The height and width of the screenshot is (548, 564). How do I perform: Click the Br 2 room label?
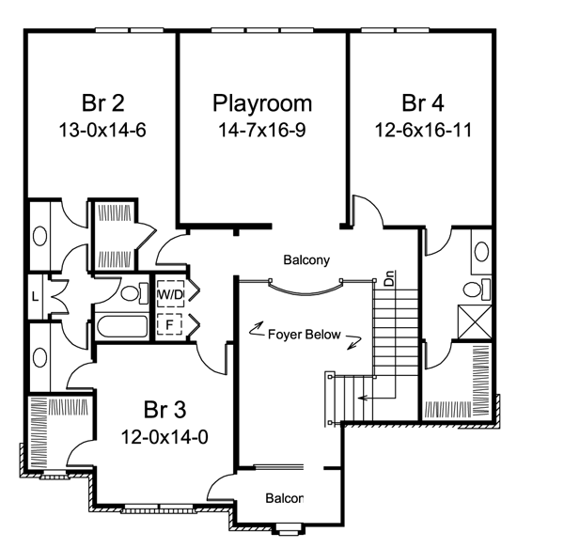point(103,102)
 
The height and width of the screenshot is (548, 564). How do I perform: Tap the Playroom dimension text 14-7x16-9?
point(262,130)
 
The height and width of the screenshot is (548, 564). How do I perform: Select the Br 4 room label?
point(423,102)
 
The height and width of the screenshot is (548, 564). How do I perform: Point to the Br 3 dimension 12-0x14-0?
point(164,437)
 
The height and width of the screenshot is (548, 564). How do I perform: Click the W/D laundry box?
point(170,294)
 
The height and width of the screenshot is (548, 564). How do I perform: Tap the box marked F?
point(169,324)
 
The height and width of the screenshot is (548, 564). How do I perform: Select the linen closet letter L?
point(35,297)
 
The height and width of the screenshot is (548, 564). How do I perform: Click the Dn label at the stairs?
point(389,278)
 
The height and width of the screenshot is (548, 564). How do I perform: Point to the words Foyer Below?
point(305,335)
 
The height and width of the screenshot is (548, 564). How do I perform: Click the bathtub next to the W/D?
point(122,326)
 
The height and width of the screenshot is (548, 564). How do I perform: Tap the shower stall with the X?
point(475,321)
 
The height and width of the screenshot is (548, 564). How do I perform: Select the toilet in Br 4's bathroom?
point(477,290)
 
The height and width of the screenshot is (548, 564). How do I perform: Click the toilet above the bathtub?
point(134,293)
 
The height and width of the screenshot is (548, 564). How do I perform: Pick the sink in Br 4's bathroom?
point(481,252)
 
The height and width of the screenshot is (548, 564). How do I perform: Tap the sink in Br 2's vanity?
point(39,236)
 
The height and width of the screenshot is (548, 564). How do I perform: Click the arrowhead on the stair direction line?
point(362,398)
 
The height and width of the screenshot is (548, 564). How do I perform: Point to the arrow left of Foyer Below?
point(257,328)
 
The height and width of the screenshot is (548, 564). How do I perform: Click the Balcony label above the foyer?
point(306,260)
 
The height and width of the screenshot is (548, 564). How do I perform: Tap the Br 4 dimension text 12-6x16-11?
point(423,130)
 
